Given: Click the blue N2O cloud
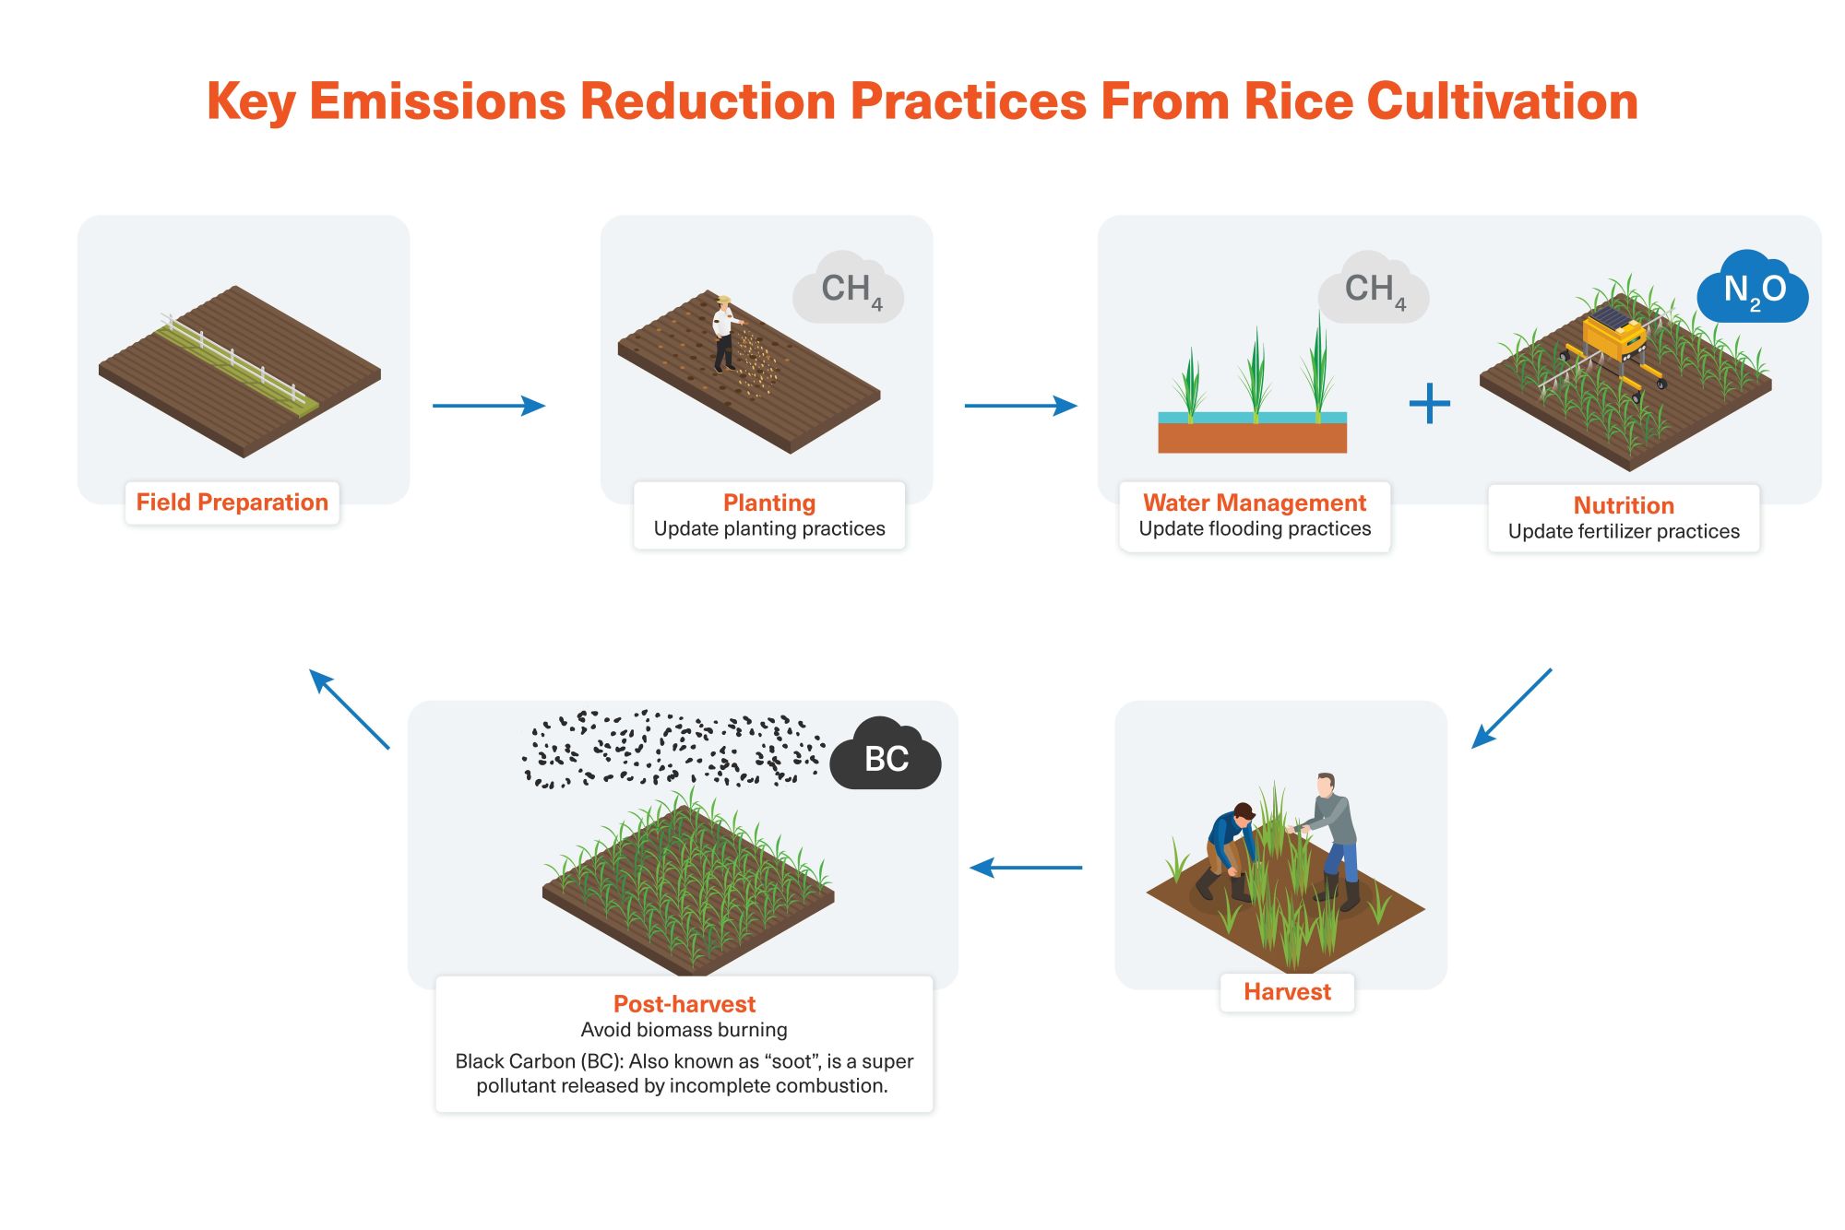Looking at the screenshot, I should point(1753,290).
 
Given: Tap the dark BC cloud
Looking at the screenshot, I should point(886,758).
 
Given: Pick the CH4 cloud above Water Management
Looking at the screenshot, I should point(1374,290).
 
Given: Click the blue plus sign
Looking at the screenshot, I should point(1430,404).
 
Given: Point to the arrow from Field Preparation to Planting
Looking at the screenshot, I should point(489,405).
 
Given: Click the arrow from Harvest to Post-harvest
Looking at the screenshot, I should point(1026,868).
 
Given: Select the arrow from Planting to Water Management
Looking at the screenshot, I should point(1020,405).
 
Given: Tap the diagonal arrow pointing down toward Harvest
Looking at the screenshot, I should point(1511,708).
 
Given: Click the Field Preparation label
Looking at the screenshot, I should point(232,503).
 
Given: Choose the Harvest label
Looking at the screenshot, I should point(1287,992).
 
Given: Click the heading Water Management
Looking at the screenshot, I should point(1255,503).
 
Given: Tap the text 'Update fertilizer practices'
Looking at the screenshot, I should point(1624,532).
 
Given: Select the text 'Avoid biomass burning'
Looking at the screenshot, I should point(684,1030).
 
